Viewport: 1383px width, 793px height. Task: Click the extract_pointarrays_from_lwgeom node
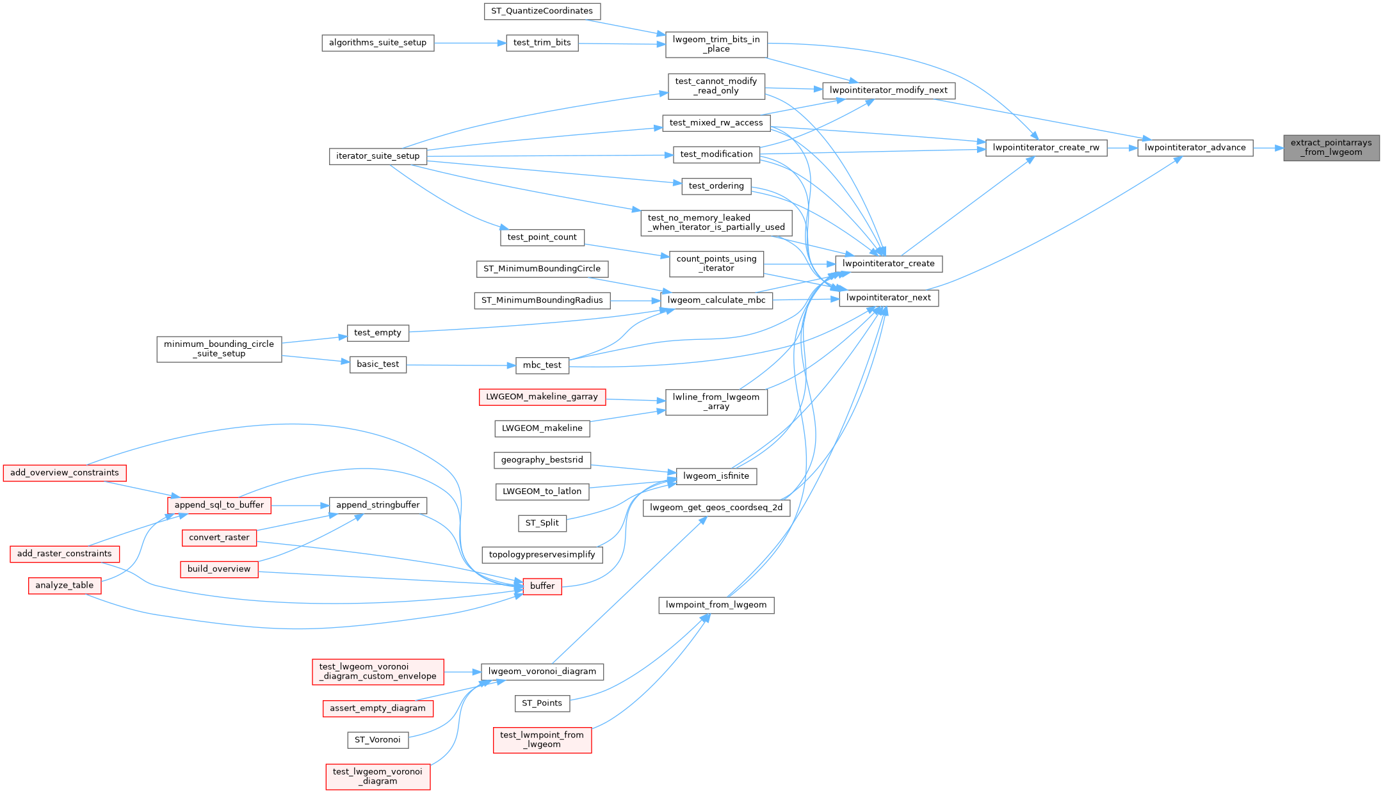[x=1331, y=148]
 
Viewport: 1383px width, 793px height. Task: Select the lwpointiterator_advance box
[x=1195, y=148]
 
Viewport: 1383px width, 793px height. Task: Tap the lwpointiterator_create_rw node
[x=1046, y=148]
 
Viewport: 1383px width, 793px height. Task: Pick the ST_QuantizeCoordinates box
[x=542, y=11]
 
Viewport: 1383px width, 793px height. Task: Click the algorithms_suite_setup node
[x=378, y=43]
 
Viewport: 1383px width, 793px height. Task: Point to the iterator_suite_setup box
[x=378, y=156]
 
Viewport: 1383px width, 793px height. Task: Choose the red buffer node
[x=542, y=586]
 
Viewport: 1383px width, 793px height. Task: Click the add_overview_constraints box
[x=65, y=473]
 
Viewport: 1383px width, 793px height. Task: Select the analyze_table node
[x=65, y=586]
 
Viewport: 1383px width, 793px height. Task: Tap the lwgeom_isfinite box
[x=716, y=476]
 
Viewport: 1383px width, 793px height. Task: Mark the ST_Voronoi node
[x=378, y=740]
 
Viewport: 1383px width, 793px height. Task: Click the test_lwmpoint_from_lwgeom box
[x=542, y=740]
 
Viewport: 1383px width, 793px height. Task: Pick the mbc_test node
[x=542, y=365]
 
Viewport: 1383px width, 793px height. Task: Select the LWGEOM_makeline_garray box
[x=542, y=397]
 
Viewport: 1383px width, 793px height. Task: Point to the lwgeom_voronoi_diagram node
[x=542, y=672]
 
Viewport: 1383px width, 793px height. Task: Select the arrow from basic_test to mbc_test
[x=461, y=365]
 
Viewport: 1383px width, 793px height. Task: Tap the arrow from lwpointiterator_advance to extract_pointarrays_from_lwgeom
[x=1268, y=148]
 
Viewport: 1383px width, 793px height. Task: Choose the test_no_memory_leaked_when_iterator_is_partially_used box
[x=716, y=223]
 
